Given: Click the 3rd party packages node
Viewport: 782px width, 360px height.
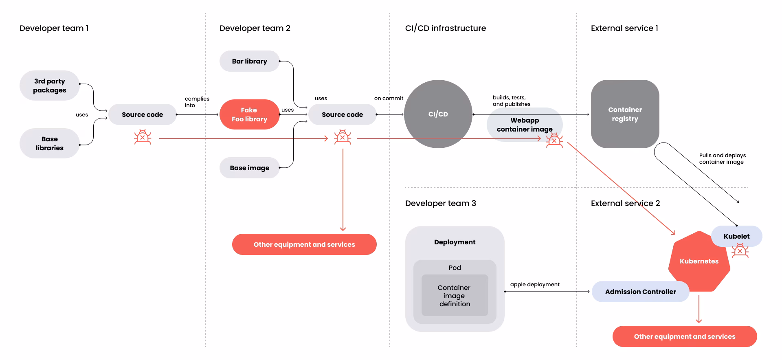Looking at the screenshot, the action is pos(49,86).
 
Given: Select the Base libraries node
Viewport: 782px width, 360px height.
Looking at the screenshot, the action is pos(49,143).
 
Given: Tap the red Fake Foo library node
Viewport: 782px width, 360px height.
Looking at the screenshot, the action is pos(249,114).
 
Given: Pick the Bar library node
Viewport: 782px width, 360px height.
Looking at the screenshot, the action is pos(249,61).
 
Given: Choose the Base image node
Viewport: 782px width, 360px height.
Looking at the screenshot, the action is pos(249,168).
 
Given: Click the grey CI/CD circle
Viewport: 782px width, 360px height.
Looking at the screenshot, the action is pos(438,114).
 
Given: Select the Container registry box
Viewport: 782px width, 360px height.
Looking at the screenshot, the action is pos(625,114).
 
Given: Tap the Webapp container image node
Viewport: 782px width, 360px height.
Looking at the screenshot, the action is pos(525,125).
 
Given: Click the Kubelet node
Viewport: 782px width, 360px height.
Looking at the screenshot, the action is pos(736,236).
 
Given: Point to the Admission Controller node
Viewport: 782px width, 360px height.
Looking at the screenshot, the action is pos(640,292).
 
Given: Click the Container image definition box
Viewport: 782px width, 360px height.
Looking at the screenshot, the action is pos(455,295).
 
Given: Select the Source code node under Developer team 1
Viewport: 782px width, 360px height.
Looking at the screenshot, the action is pos(142,114).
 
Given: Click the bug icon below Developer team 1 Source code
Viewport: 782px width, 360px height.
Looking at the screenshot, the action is pos(143,137).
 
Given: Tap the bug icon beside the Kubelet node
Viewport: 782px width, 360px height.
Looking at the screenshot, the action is pos(740,251).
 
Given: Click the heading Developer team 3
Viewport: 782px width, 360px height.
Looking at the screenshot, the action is pos(440,203).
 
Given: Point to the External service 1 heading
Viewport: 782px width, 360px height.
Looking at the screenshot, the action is pos(624,28).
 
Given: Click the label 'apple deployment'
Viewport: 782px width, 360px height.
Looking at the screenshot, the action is pos(535,284).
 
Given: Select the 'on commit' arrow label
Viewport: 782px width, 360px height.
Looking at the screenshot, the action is pos(389,98).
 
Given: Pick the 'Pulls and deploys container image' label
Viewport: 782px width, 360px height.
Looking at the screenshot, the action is pos(723,158).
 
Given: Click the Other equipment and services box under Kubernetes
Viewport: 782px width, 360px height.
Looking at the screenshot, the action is pos(685,336).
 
